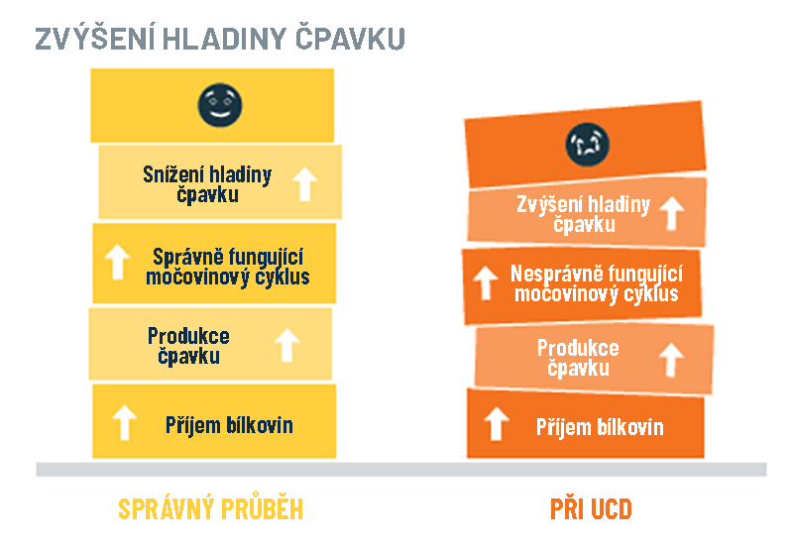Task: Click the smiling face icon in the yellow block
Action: pos(219,105)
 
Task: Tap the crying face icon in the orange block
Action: pos(587,145)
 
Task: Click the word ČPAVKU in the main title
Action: pos(350,39)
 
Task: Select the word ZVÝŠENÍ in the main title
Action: pos(94,39)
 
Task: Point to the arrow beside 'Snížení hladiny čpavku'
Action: pos(305,184)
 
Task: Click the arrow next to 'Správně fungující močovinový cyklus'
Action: pos(117,262)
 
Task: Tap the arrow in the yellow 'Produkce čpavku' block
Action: pos(287,345)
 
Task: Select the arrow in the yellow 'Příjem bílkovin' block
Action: pos(125,422)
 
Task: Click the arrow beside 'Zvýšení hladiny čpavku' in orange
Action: pos(672,213)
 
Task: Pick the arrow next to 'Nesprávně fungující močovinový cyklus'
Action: pos(486,282)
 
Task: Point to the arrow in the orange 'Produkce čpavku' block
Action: pos(672,360)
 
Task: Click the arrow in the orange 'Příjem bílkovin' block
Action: pos(497,423)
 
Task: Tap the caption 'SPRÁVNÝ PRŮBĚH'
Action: pos(211,507)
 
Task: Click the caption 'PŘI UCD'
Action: pos(591,508)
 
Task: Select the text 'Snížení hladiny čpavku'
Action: pos(207,184)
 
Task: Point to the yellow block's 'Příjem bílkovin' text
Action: pos(229,425)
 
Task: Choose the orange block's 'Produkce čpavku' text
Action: pos(578,358)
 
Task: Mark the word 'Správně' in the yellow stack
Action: pos(186,258)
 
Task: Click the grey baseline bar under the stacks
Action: pos(401,469)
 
